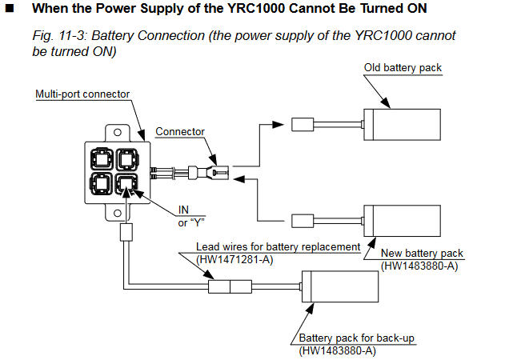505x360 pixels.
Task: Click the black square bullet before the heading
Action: point(10,8)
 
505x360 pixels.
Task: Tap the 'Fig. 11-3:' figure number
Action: point(59,36)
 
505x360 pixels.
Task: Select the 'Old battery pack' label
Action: point(403,68)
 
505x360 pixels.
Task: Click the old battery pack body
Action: point(402,125)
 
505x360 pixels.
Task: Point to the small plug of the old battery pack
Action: point(303,125)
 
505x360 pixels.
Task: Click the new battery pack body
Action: point(402,221)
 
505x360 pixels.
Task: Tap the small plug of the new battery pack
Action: point(303,221)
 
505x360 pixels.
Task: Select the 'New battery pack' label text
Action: point(422,254)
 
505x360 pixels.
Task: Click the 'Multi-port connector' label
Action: point(82,94)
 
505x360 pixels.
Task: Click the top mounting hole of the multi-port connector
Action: point(118,132)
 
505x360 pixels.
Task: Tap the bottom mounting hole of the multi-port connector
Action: point(118,213)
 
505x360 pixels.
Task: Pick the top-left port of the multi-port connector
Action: point(102,159)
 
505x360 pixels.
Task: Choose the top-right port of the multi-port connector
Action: point(127,159)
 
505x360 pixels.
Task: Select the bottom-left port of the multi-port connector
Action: point(102,184)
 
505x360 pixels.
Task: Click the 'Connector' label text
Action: point(180,132)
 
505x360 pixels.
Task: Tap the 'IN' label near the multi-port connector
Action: point(183,210)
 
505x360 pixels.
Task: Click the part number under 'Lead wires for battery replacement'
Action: point(234,259)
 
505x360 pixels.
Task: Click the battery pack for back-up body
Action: point(340,286)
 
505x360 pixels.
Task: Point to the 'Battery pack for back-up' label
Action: point(356,338)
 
